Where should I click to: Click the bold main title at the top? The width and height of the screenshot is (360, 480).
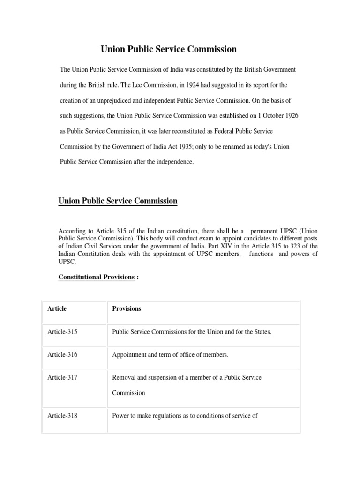169,49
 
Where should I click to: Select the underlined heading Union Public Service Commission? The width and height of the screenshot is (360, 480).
118,201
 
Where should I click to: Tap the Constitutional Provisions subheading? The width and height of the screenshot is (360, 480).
96,277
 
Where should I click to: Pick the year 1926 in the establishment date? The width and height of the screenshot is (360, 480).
287,116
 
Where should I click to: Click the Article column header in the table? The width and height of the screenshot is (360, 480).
57,308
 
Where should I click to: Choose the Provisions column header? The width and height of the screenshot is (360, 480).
127,308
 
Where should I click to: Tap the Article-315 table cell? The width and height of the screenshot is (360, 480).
62,332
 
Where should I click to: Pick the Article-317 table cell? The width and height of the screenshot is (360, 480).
62,377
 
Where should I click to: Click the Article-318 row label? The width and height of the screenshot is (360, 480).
62,415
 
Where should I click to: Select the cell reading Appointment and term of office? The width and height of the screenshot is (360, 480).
170,355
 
